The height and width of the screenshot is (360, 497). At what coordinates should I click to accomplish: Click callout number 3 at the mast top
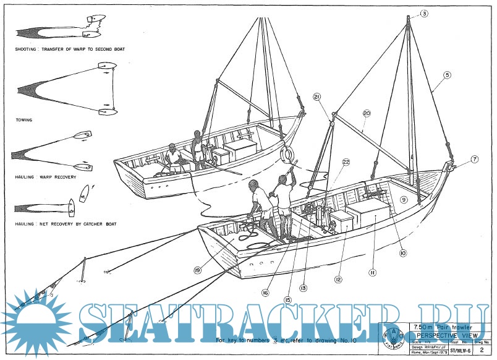(424, 13)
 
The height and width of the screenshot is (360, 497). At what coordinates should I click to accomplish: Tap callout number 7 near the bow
(474, 159)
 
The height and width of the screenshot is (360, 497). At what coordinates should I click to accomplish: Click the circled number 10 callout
(402, 252)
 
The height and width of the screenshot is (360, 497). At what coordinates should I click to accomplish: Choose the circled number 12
(338, 280)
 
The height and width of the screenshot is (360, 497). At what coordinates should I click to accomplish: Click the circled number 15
(287, 299)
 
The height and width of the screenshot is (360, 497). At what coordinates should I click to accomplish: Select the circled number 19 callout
(197, 270)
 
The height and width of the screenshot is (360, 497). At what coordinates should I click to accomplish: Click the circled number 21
(317, 97)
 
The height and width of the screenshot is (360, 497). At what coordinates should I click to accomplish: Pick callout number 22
(346, 161)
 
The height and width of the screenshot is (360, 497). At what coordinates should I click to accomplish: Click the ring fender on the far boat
(287, 153)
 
